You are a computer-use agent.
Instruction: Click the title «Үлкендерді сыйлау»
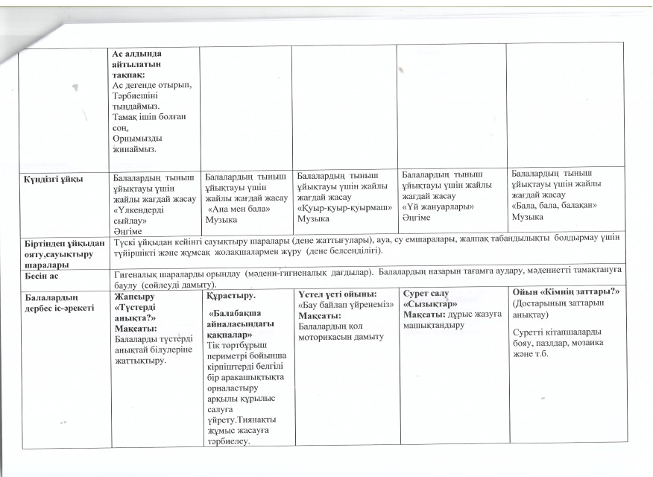coord(139,216)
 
